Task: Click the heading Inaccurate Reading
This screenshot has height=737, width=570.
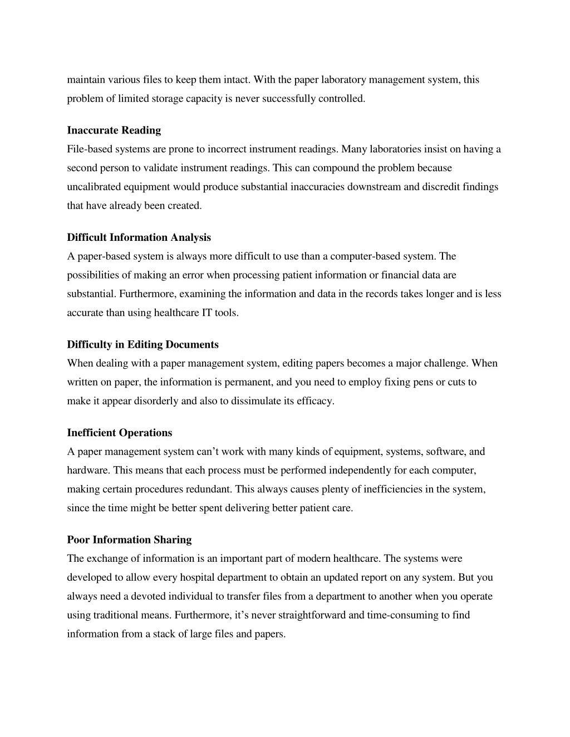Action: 114,130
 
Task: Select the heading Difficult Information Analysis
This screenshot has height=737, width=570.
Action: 139,238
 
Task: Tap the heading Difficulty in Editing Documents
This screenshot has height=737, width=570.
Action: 143,344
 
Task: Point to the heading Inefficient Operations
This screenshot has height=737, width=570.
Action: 120,433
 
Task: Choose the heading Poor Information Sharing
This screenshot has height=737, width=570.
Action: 129,540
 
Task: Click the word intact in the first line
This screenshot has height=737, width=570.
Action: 237,80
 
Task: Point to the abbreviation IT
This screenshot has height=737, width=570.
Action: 207,313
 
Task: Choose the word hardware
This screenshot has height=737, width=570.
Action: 87,471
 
